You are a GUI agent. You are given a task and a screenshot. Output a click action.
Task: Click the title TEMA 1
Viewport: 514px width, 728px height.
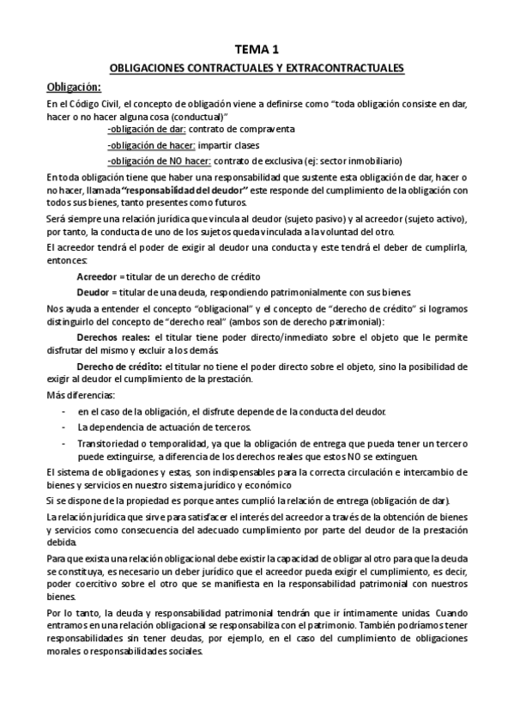(x=257, y=50)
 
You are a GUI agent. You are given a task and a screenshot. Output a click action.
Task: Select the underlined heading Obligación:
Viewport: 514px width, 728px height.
(x=73, y=86)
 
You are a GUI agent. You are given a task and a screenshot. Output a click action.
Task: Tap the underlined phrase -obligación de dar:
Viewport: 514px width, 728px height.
(x=147, y=129)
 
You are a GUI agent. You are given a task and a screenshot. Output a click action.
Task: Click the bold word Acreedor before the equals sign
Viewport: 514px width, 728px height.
(x=97, y=276)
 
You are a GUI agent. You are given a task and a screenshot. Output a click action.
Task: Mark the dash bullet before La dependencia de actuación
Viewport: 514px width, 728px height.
(x=66, y=427)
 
